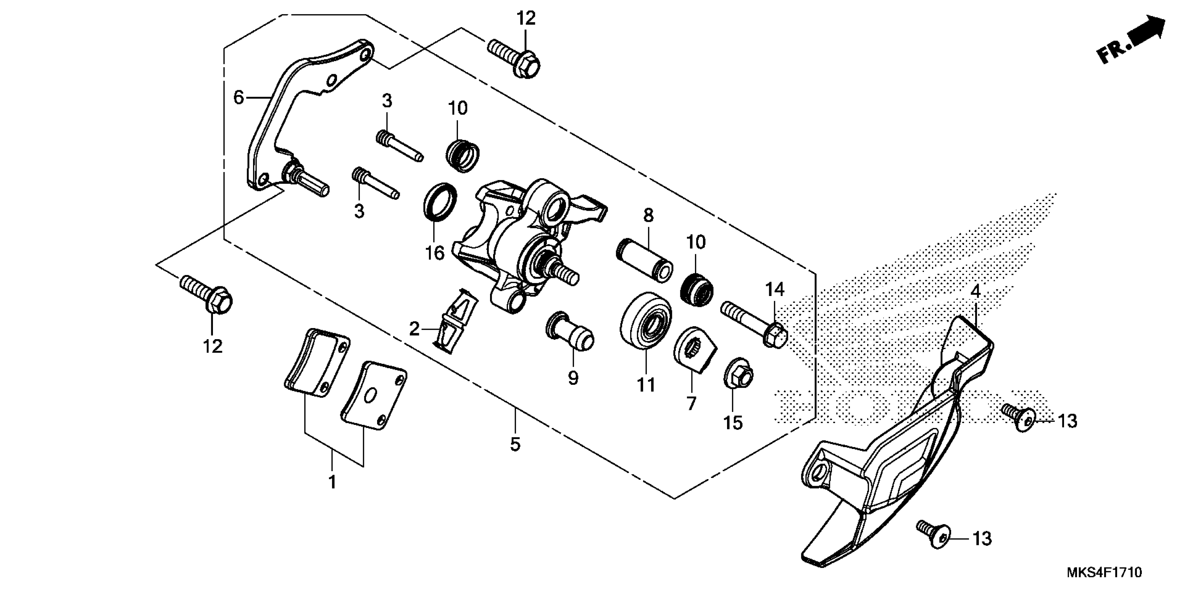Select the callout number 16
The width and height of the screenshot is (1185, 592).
tap(435, 253)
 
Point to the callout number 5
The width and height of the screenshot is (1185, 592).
tap(515, 444)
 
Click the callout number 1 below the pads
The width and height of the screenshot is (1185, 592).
tap(332, 482)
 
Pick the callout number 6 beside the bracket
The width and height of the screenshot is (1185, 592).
tap(238, 98)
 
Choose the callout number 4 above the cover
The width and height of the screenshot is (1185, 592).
tap(976, 291)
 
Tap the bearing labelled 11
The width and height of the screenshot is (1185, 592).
tap(645, 323)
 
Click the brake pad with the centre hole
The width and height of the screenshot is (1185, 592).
tap(373, 395)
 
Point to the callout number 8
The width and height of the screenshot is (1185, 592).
tap(648, 215)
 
